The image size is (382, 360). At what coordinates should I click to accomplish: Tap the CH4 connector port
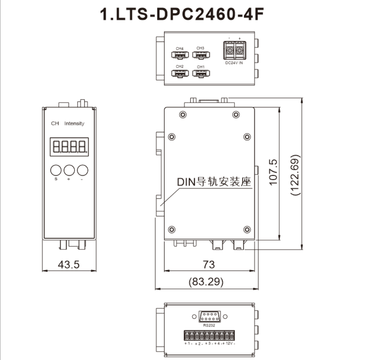pyautogui.click(x=180, y=55)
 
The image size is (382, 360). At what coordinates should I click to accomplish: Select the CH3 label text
pyautogui.click(x=200, y=48)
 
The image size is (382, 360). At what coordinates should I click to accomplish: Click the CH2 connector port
pyautogui.click(x=180, y=73)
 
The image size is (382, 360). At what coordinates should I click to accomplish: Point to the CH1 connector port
pyautogui.click(x=201, y=73)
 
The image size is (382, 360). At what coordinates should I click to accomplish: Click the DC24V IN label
pyautogui.click(x=234, y=63)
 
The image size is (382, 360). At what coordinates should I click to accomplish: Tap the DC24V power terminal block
pyautogui.click(x=235, y=50)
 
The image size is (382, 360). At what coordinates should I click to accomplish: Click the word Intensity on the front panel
pyautogui.click(x=74, y=124)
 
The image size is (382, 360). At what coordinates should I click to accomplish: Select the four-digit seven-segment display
pyautogui.click(x=69, y=147)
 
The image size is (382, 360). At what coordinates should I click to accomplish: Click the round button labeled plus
pyautogui.click(x=69, y=170)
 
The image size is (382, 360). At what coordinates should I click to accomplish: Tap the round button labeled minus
pyautogui.click(x=83, y=170)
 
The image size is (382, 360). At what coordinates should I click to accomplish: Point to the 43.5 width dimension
pyautogui.click(x=69, y=265)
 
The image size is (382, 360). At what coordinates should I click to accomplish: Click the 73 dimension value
pyautogui.click(x=209, y=265)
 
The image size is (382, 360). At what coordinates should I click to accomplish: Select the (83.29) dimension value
pyautogui.click(x=206, y=282)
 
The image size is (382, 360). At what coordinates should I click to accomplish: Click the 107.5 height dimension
pyautogui.click(x=273, y=172)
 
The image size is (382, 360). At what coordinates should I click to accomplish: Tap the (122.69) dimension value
pyautogui.click(x=295, y=175)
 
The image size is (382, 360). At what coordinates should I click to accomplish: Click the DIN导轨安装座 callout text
pyautogui.click(x=214, y=182)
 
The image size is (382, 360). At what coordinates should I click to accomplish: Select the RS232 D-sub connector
pyautogui.click(x=209, y=316)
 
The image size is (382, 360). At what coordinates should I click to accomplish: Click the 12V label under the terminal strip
pyautogui.click(x=229, y=343)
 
